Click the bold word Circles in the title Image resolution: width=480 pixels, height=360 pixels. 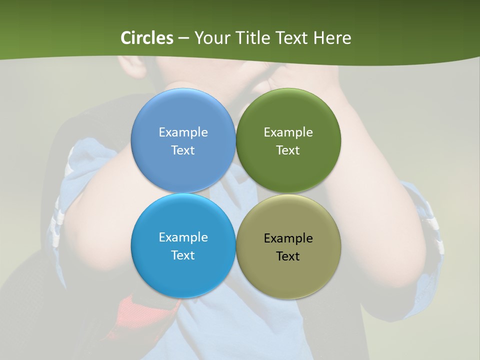coord(147,38)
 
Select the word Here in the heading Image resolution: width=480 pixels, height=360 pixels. coord(332,38)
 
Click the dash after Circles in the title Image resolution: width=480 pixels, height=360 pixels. coord(183,38)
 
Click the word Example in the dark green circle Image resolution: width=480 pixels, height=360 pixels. coord(288,132)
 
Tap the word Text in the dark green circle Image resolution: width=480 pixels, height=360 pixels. coord(288,150)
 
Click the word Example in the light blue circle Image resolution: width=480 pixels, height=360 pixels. coord(183,132)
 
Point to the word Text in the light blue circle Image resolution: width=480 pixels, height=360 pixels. coord(183,150)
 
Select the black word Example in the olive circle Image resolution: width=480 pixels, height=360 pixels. coord(288,238)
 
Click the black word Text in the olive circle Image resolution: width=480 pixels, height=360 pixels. coord(288,256)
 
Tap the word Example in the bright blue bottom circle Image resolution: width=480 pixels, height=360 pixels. coord(183,237)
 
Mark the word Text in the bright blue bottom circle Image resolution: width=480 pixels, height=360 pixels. coord(183,255)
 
